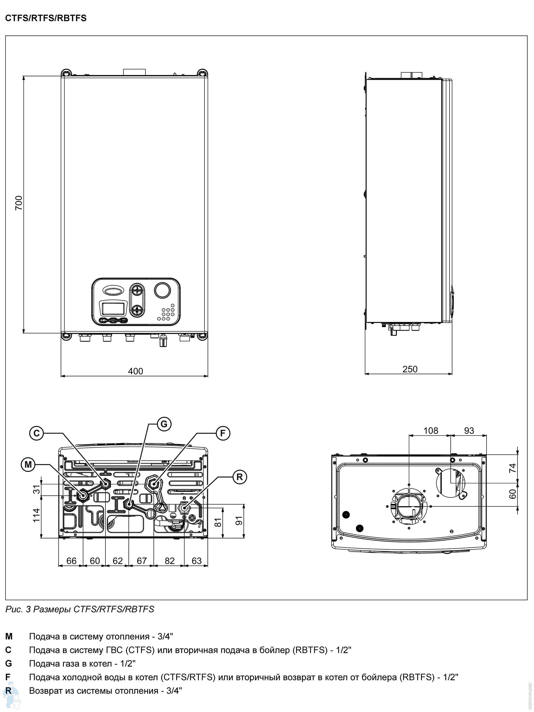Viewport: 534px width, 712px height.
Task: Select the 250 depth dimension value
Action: coord(410,369)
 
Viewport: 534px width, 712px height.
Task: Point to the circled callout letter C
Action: coord(36,433)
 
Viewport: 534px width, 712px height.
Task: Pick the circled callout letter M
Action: coord(28,464)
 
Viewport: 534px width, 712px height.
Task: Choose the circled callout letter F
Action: coord(223,433)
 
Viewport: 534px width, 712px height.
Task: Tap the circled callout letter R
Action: coord(239,477)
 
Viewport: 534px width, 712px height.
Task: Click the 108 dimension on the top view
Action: coord(430,431)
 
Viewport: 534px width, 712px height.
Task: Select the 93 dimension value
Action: coord(469,431)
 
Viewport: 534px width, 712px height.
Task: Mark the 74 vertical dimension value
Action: coord(512,468)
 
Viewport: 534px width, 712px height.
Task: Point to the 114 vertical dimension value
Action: coord(36,515)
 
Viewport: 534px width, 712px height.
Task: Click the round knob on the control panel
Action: coord(163,290)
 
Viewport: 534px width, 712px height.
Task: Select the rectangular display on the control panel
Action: coord(113,308)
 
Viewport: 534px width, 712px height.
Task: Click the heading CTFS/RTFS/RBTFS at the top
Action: coord(46,18)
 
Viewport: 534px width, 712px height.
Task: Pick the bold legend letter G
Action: coord(8,663)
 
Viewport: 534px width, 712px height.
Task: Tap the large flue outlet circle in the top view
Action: coord(409,506)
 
